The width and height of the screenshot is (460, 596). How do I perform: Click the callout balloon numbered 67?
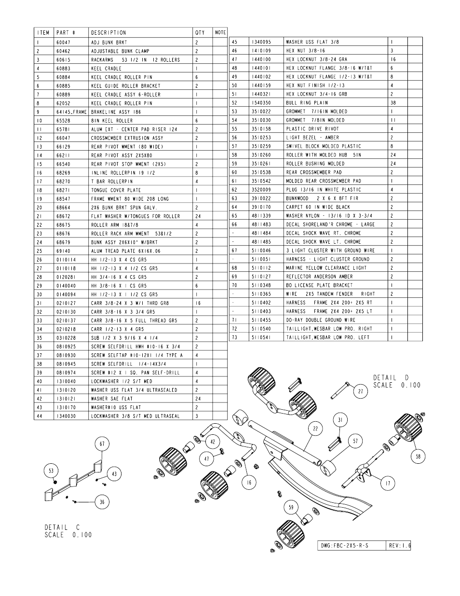pyautogui.click(x=102, y=444)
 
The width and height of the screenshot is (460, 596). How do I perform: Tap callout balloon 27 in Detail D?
pyautogui.click(x=360, y=391)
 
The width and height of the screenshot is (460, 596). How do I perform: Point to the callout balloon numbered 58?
pyautogui.click(x=418, y=456)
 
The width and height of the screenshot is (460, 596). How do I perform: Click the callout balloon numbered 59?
pyautogui.click(x=291, y=507)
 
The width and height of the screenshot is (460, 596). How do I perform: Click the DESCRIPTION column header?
pyautogui.click(x=108, y=33)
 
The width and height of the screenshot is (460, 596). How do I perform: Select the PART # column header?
pyautogui.click(x=66, y=33)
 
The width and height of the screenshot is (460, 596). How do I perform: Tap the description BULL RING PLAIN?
pyautogui.click(x=307, y=103)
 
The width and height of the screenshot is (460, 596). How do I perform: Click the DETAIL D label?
pyautogui.click(x=391, y=377)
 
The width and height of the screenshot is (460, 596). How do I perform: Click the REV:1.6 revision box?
pyautogui.click(x=399, y=546)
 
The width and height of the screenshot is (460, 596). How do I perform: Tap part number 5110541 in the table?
pyautogui.click(x=261, y=337)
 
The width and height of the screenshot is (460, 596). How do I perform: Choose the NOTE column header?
pyautogui.click(x=220, y=33)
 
